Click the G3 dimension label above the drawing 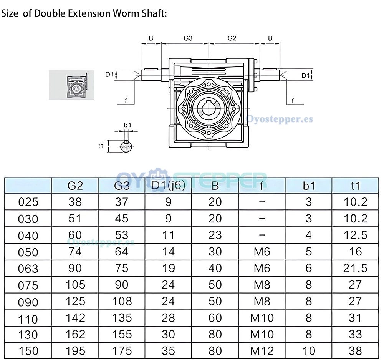pos(188,38)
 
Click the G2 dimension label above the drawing pos(232,38)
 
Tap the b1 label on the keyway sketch pos(127,125)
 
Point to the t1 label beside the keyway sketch pos(101,146)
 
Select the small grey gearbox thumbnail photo pos(71,85)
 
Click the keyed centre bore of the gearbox pos(209,108)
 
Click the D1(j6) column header pos(168,186)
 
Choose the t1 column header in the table pos(355,186)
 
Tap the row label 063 pos(28,269)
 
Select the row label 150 pos(28,351)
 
